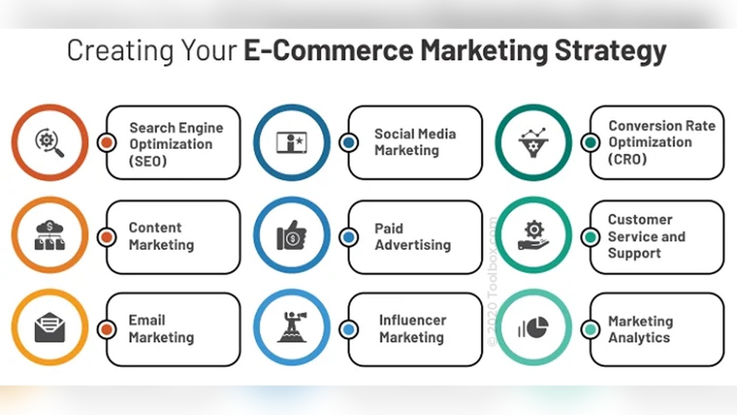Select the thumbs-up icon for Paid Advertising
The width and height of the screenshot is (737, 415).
(x=292, y=235)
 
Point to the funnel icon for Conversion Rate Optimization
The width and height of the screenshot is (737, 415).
(x=533, y=142)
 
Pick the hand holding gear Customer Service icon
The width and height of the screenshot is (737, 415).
(x=533, y=235)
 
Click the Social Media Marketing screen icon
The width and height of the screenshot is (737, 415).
(x=292, y=142)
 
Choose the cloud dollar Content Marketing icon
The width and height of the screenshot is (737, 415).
(x=50, y=235)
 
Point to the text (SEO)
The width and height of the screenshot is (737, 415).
(x=149, y=160)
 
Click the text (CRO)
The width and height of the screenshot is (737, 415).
(x=628, y=158)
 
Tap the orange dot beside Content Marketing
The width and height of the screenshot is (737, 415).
(x=107, y=237)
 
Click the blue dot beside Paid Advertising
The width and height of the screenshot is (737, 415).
(x=349, y=237)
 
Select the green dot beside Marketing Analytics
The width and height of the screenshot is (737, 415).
(x=590, y=329)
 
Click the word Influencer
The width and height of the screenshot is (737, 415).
(x=413, y=321)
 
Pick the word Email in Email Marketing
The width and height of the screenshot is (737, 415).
(x=147, y=321)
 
